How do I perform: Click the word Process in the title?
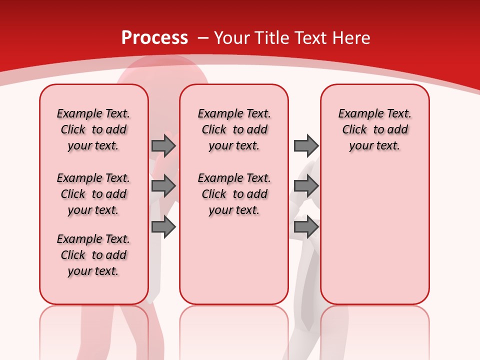(154, 38)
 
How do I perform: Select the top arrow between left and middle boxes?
(163, 145)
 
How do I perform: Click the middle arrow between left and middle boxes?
(163, 186)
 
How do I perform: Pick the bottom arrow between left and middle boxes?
(163, 227)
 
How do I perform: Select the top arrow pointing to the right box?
(306, 145)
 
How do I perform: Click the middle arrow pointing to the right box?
(306, 186)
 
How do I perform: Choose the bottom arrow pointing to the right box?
(306, 227)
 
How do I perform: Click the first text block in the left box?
(93, 129)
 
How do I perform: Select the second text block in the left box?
(93, 194)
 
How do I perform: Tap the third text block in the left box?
(93, 255)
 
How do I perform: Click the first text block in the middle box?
(234, 129)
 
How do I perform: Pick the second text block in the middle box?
(234, 194)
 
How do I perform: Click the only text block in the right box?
(374, 129)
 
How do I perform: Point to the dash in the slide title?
(203, 38)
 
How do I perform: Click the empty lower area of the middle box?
(234, 260)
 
